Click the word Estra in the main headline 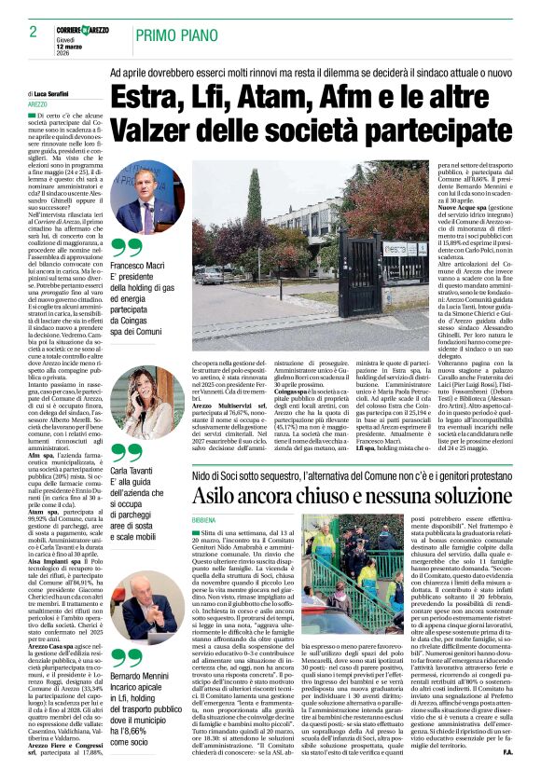pos(146,97)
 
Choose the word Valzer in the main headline pos(154,130)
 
